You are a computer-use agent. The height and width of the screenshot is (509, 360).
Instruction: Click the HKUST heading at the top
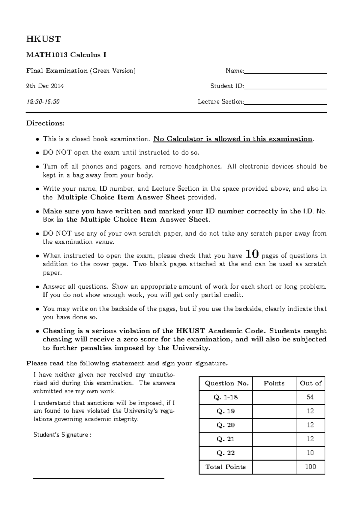(x=43, y=39)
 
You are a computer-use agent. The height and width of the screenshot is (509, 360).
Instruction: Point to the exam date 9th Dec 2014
(x=45, y=86)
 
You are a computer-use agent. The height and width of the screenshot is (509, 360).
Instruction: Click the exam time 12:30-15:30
(x=43, y=102)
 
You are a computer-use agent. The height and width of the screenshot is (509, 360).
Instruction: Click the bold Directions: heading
(x=45, y=123)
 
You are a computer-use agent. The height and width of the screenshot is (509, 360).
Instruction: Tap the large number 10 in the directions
(x=252, y=255)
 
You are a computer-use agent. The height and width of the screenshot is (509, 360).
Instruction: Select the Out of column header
(x=310, y=383)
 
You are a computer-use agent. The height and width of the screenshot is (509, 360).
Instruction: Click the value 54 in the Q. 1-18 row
(x=310, y=397)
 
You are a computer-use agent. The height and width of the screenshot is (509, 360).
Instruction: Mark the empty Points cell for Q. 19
(x=274, y=411)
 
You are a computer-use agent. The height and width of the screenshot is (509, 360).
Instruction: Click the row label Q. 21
(x=226, y=439)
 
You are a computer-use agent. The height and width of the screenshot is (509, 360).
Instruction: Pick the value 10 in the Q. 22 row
(x=310, y=453)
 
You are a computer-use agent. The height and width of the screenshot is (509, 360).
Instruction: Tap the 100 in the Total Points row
(x=310, y=467)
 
